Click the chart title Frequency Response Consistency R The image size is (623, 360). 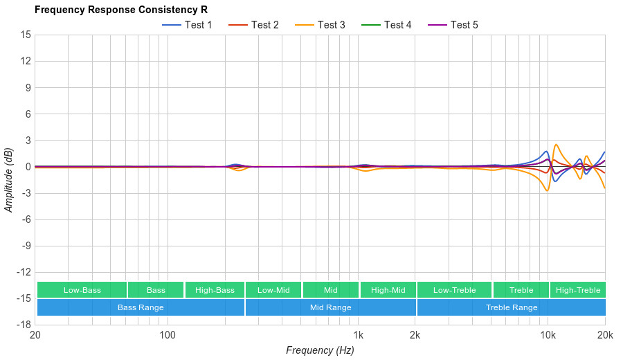[x=120, y=10]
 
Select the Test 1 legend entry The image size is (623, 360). [x=188, y=25]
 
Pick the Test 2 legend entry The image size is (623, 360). [x=254, y=25]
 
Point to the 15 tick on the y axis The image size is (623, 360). [x=26, y=35]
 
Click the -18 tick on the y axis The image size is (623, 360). [x=24, y=325]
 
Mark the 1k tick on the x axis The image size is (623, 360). [x=358, y=335]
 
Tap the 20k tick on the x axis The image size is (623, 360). [x=604, y=335]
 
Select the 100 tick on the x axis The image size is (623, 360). [x=168, y=335]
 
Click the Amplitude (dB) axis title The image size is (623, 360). [x=8, y=180]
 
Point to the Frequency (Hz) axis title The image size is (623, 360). [x=320, y=350]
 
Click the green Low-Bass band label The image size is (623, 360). [x=82, y=290]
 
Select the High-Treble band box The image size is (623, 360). [x=578, y=290]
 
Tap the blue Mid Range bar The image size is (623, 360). [x=330, y=307]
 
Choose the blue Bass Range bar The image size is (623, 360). [x=141, y=307]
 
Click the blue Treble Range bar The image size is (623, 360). [x=512, y=307]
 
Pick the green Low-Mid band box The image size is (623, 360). [x=273, y=290]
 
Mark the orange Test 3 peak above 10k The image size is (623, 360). [x=556, y=145]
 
